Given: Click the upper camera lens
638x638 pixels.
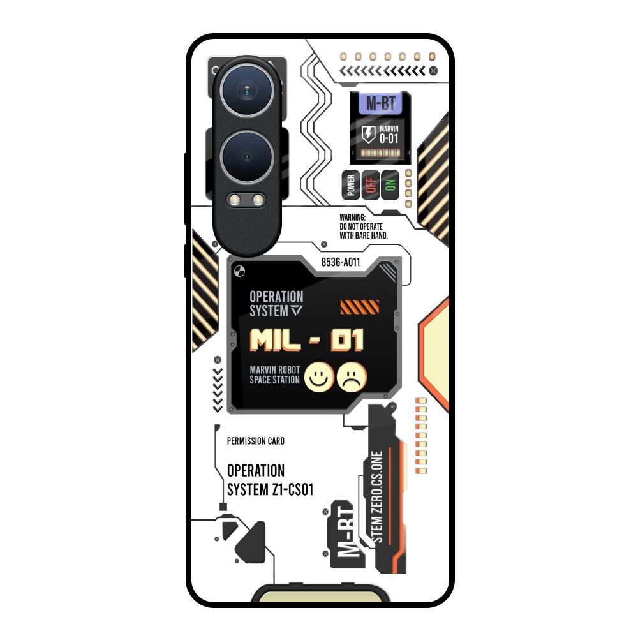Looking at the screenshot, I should tap(246, 93).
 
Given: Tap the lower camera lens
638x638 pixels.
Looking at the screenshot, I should tap(246, 156).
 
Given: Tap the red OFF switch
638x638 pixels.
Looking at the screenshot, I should tap(371, 185).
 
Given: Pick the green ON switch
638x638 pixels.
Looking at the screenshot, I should tap(390, 185).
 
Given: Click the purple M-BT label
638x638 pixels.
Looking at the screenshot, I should tap(380, 104).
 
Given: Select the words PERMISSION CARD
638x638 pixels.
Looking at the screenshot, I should tap(256, 441).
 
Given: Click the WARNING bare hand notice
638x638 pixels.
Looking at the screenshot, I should tap(364, 226).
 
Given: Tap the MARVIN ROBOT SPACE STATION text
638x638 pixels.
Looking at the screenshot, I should tap(274, 376).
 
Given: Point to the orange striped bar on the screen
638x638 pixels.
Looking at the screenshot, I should tap(355, 308).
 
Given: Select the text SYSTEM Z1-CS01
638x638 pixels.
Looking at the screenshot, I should tap(270, 489).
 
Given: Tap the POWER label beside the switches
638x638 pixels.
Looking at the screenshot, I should tap(350, 185).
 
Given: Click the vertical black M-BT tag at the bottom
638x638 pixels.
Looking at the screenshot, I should tap(346, 535).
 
